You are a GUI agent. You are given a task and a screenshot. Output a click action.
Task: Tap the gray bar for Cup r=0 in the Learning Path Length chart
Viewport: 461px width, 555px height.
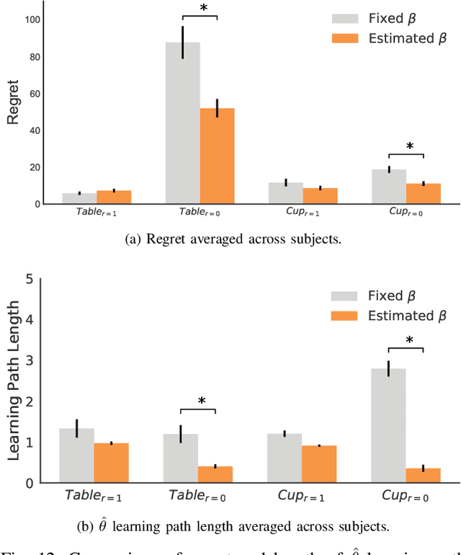pyautogui.click(x=388, y=425)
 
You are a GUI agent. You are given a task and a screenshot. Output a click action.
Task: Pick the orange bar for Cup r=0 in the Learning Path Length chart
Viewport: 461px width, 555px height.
pyautogui.click(x=423, y=475)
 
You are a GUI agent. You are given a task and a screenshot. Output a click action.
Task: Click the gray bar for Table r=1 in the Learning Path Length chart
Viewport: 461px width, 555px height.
pyautogui.click(x=76, y=455)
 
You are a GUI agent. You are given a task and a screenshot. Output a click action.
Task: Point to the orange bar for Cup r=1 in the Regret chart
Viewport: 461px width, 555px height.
pyautogui.click(x=320, y=195)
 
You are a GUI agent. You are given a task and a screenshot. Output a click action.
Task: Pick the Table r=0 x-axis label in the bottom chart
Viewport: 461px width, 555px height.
pyautogui.click(x=198, y=496)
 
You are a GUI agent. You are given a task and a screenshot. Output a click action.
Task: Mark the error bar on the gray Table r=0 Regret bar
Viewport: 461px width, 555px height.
pyautogui.click(x=182, y=43)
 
